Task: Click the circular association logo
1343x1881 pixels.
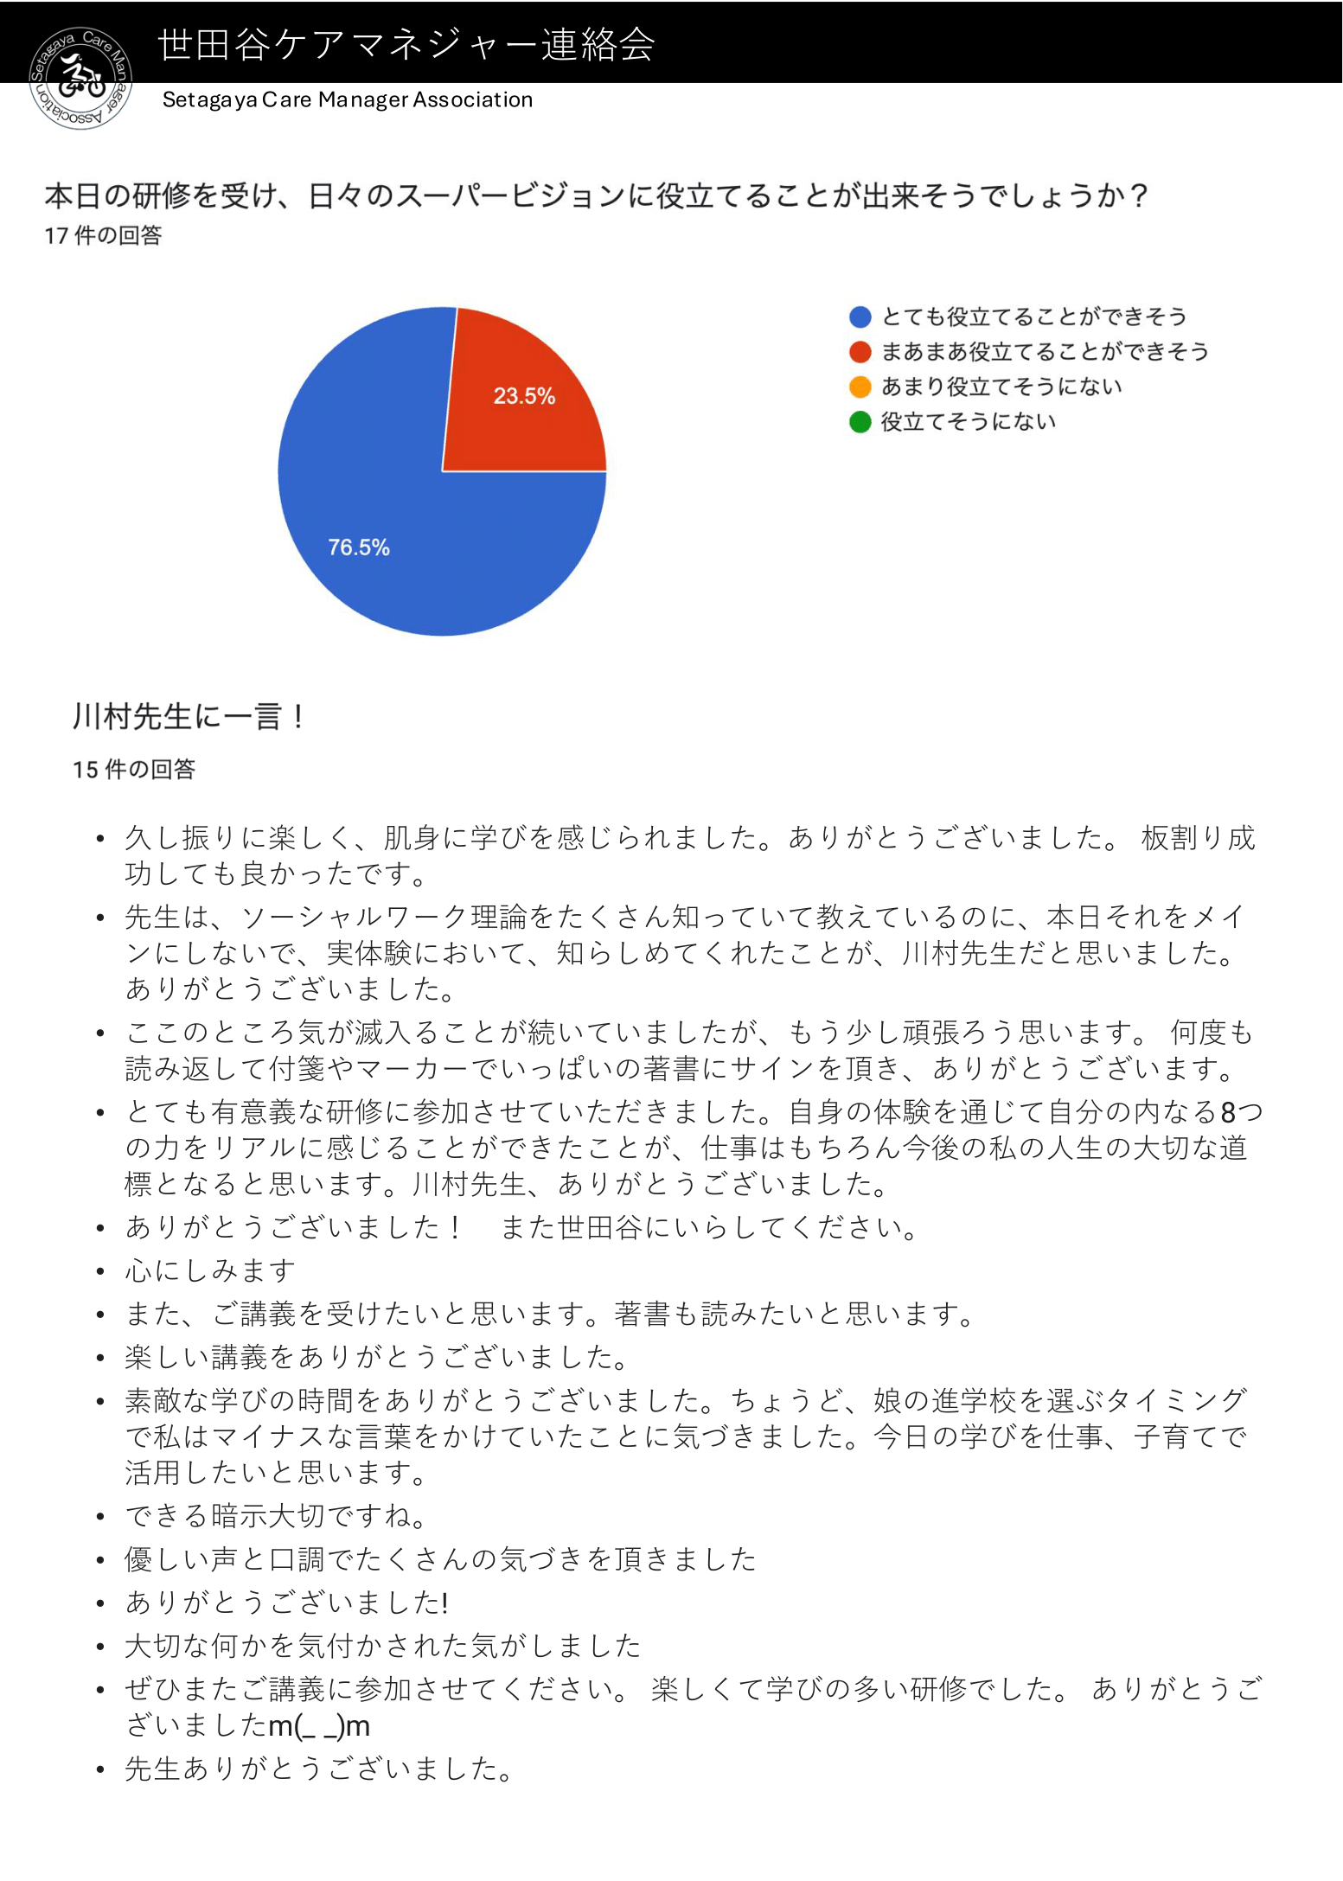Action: pyautogui.click(x=80, y=77)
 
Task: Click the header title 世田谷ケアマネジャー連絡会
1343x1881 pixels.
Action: pyautogui.click(x=406, y=44)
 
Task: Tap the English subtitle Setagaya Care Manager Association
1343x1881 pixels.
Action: pyautogui.click(x=348, y=99)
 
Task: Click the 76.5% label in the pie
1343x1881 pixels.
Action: pyautogui.click(x=358, y=547)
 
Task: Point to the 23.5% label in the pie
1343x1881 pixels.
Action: pyautogui.click(x=524, y=396)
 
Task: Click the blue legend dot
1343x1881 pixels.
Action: pyautogui.click(x=860, y=317)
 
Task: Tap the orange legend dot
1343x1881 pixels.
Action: pyautogui.click(x=860, y=387)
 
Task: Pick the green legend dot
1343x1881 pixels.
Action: pyautogui.click(x=860, y=422)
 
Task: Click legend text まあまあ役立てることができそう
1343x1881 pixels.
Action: pyautogui.click(x=1045, y=352)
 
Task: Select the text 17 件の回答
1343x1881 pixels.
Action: pyautogui.click(x=103, y=236)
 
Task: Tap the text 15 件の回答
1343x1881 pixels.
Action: pyautogui.click(x=134, y=770)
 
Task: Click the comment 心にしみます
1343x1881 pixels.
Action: pyautogui.click(x=210, y=1270)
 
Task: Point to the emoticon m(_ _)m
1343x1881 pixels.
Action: pyautogui.click(x=319, y=1726)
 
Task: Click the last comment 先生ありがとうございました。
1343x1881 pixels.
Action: pyautogui.click(x=320, y=1769)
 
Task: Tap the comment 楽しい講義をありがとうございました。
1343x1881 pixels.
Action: pyautogui.click(x=377, y=1357)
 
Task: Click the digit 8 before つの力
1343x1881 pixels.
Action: pyautogui.click(x=1228, y=1112)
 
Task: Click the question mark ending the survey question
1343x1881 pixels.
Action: pyautogui.click(x=1138, y=196)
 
